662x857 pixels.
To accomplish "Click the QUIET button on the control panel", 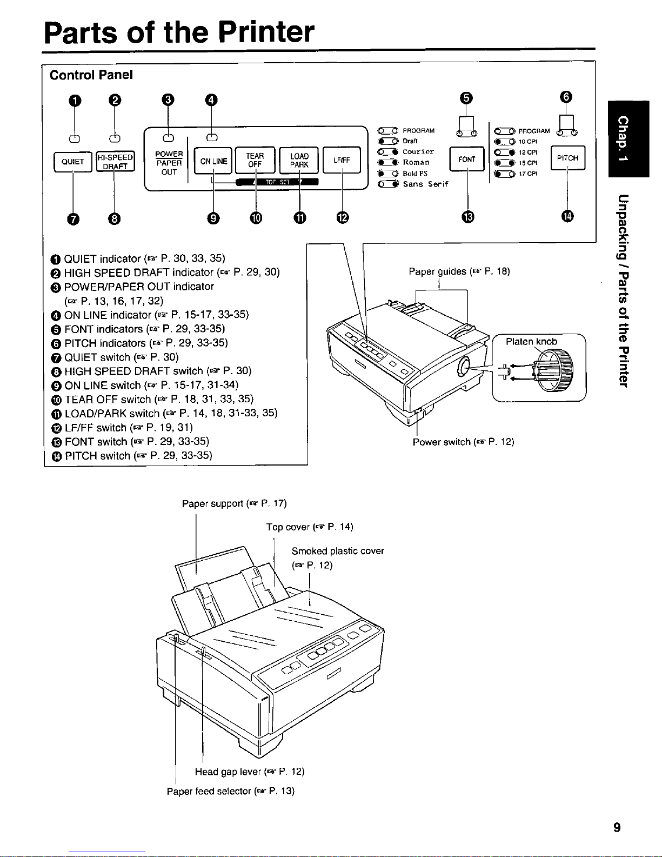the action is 72,162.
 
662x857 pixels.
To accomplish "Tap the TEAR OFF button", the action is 255,160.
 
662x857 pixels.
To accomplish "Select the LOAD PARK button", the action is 299,160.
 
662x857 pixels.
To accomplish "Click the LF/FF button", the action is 342,160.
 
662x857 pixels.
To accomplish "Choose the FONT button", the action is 467,159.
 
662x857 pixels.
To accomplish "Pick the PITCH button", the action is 568,158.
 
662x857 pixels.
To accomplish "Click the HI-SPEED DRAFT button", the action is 116,162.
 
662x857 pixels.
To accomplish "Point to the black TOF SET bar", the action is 277,182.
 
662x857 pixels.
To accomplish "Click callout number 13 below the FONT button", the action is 468,217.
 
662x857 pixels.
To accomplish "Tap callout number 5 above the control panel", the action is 466,98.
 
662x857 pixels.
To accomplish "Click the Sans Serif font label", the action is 426,184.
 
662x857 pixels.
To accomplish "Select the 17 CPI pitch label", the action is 528,174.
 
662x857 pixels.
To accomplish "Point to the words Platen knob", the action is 531,342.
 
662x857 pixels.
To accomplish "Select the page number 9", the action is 617,827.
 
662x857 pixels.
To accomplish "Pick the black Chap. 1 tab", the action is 628,139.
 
